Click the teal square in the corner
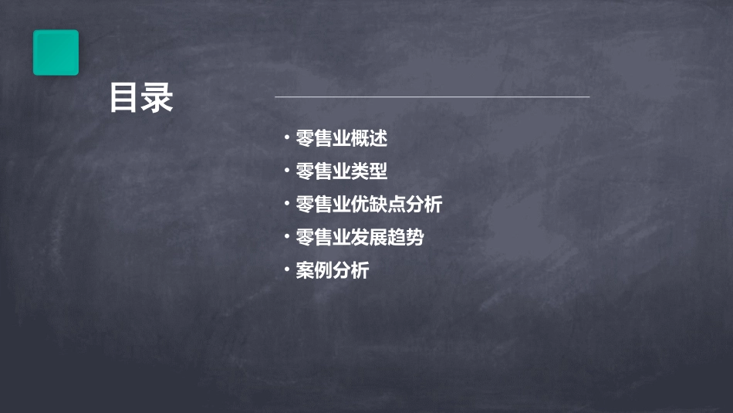tap(56, 52)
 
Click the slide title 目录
tap(141, 98)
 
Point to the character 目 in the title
tap(124, 98)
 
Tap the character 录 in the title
tap(158, 98)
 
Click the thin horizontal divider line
tap(432, 97)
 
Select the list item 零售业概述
tap(341, 139)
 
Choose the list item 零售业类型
tap(341, 171)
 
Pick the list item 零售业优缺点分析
tap(369, 205)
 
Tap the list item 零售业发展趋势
tap(360, 238)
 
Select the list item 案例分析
tap(332, 271)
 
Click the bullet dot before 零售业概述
tap(286, 138)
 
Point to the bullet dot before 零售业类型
tap(286, 171)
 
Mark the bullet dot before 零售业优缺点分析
tap(286, 204)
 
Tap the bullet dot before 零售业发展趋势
tap(286, 237)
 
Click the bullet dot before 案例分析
tap(286, 270)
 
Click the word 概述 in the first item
tap(369, 139)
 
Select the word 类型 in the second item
tap(369, 171)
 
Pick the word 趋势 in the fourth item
tap(406, 238)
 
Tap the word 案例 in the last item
tap(314, 271)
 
